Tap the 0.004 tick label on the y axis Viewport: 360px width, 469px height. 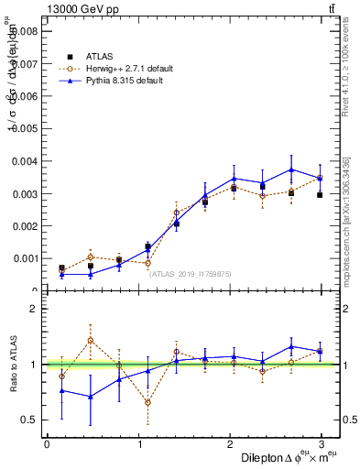tap(26, 161)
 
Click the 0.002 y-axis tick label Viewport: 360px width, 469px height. tap(26, 226)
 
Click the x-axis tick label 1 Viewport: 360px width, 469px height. tap(138, 444)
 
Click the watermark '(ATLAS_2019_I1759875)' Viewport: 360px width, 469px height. tap(191, 273)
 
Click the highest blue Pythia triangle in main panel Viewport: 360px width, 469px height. tap(291, 169)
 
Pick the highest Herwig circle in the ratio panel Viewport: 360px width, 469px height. tap(90, 340)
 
